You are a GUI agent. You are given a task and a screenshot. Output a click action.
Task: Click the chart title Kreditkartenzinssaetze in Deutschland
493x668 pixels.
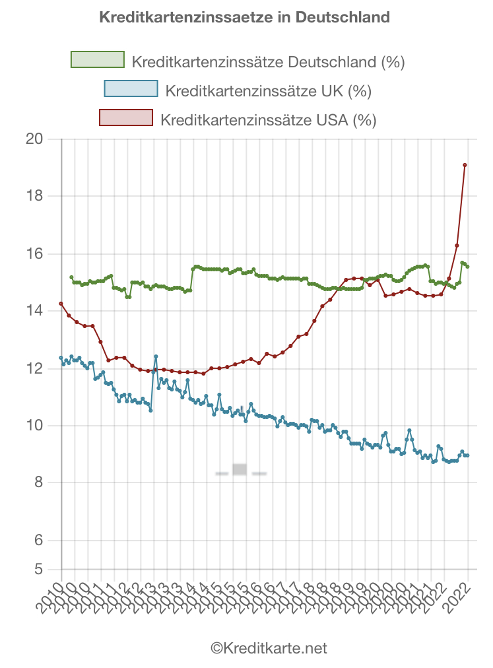244,17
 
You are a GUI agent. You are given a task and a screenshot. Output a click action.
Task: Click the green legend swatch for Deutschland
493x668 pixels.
98,59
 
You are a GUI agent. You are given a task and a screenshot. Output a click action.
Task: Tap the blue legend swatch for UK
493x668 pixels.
131,88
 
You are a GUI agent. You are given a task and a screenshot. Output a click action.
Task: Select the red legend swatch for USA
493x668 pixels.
125,118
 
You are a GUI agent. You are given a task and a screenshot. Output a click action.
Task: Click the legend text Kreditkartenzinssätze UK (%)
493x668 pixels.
269,91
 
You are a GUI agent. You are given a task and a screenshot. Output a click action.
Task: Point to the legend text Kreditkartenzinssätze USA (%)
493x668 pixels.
268,120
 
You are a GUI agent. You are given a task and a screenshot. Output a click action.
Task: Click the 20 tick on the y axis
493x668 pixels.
35,139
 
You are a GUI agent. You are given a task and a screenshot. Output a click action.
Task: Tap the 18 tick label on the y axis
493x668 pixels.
35,197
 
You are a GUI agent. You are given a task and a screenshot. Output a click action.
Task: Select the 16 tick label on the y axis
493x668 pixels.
35,254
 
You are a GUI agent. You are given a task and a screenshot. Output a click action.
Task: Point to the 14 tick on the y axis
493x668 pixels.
35,311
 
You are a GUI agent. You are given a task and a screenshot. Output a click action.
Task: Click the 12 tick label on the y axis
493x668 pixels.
35,368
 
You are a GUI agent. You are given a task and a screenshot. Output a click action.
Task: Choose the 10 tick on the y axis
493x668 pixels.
35,426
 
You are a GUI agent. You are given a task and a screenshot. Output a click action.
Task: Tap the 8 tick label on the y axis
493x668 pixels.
39,483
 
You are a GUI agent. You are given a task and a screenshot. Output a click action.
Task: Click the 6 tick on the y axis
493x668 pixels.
39,540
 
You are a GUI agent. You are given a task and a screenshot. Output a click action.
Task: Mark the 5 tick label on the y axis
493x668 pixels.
39,569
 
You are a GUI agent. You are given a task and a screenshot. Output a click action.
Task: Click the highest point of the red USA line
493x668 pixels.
465,165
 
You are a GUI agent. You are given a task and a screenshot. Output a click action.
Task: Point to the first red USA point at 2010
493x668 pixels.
61,304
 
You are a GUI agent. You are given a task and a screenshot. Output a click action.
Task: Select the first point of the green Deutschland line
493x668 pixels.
71,277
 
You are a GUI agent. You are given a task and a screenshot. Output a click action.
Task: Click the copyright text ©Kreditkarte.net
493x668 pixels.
269,648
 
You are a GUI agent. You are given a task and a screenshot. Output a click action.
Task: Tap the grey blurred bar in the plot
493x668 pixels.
240,469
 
